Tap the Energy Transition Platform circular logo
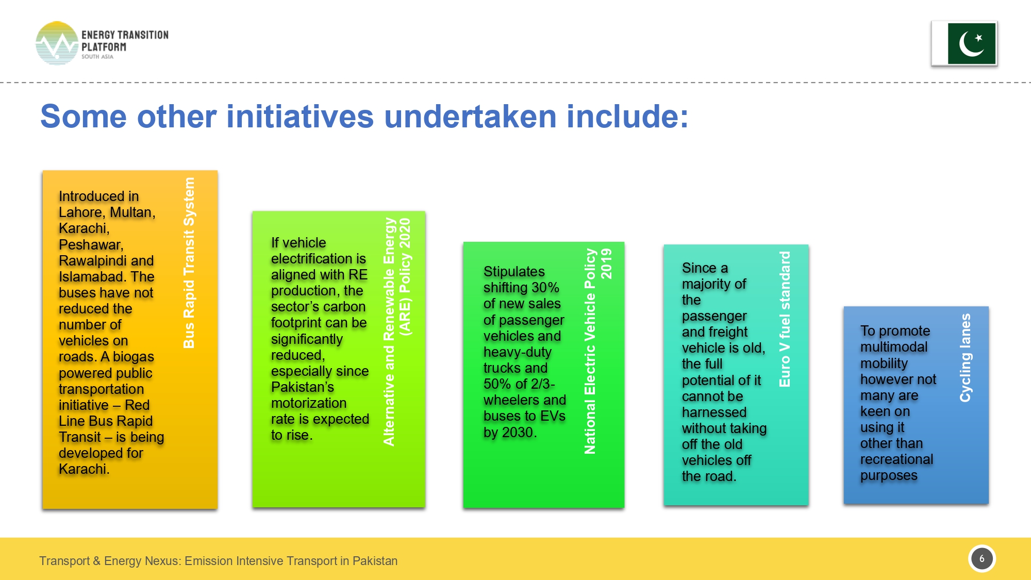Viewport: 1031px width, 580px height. coord(57,43)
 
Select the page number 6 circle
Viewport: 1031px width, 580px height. coord(982,558)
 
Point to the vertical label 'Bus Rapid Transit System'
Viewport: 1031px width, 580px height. coord(189,263)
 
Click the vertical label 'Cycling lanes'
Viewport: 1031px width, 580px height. coord(965,358)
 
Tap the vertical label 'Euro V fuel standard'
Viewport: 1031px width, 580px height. coord(785,319)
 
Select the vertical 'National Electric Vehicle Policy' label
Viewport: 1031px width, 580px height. coord(590,352)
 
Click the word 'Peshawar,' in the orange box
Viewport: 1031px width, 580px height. coord(91,244)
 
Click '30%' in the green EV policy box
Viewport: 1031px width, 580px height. coord(545,288)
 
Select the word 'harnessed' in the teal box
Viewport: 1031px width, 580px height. coord(714,412)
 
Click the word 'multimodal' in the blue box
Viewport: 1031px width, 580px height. coord(894,347)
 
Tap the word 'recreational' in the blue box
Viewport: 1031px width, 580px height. coord(896,459)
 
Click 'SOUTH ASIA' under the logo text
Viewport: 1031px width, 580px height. coord(97,57)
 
